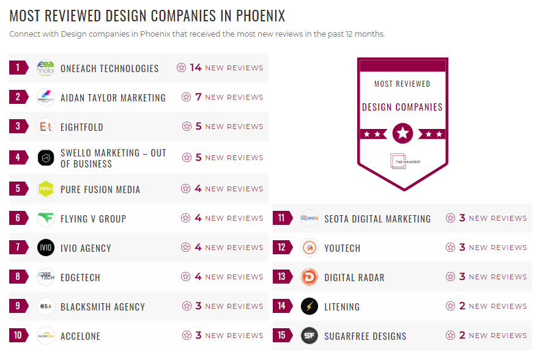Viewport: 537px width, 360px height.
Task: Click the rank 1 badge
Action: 18,67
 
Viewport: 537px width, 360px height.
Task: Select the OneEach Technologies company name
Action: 109,68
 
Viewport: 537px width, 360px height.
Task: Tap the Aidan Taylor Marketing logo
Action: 46,97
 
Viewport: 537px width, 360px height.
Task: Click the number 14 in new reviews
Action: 196,67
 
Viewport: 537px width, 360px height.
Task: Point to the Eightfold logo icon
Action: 46,127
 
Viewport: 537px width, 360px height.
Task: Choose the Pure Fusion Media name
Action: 100,189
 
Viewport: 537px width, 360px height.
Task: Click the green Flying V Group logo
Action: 46,218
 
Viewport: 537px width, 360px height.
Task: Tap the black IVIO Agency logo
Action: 46,248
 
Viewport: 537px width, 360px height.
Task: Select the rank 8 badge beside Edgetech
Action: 18,277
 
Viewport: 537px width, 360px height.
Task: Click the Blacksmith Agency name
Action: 103,307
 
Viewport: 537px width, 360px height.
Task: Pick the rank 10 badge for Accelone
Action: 18,336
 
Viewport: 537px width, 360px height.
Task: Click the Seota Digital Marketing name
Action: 377,219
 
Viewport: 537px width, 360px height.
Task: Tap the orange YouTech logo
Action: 309,248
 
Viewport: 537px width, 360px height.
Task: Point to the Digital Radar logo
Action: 309,277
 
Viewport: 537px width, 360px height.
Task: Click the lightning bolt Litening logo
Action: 309,306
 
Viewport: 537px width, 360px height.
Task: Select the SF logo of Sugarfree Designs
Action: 309,336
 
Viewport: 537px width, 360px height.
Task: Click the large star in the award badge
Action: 402,133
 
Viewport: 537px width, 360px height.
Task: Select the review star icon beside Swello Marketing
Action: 187,158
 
